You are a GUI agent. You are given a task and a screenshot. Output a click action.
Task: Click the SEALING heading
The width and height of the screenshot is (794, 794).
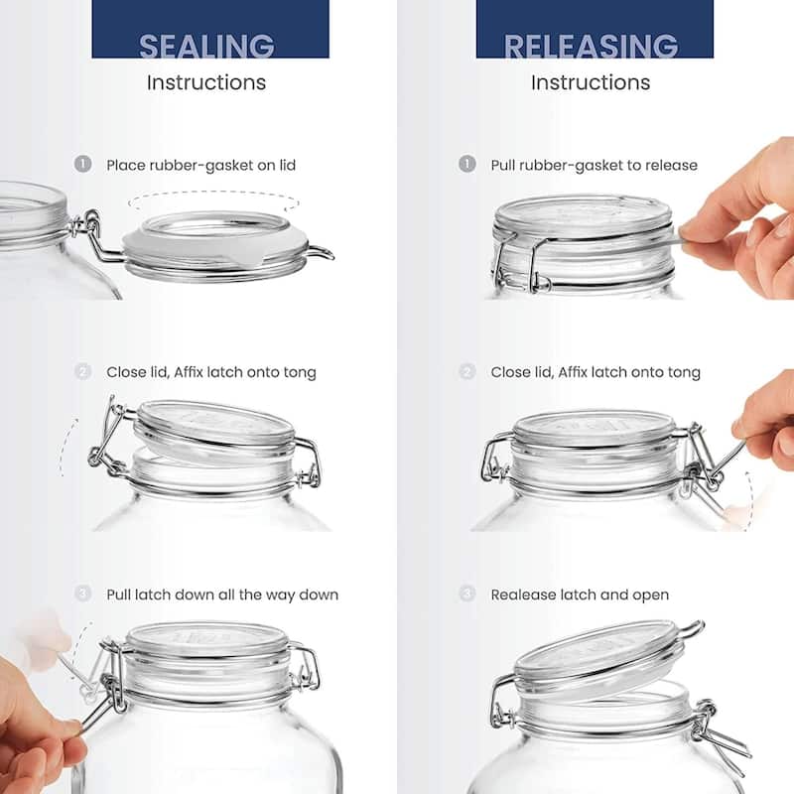206,46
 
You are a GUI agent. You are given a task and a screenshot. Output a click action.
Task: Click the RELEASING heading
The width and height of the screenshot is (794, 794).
591,46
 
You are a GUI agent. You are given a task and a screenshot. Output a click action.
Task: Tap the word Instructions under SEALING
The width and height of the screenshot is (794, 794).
206,82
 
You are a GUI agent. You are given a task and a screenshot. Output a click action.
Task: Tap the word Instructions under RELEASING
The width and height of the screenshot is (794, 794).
591,82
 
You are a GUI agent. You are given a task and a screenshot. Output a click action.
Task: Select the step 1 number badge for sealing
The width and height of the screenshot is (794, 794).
83,165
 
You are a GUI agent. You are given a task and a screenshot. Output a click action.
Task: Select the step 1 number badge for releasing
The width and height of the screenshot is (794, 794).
467,165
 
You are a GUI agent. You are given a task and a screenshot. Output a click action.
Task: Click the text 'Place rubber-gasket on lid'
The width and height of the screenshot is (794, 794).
201,165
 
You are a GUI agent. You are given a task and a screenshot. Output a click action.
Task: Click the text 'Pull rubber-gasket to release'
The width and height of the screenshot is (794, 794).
594,165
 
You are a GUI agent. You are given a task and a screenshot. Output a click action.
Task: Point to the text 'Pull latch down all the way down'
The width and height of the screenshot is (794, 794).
222,595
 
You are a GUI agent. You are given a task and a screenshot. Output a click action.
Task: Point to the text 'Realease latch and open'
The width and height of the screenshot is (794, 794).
580,595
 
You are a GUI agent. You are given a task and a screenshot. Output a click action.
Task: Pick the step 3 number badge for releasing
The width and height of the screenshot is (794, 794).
467,595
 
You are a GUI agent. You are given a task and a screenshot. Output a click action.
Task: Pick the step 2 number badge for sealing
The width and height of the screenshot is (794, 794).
83,372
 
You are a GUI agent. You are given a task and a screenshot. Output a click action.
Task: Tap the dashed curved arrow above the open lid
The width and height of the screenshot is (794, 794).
213,200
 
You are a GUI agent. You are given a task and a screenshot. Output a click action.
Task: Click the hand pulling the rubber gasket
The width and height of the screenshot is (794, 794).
744,218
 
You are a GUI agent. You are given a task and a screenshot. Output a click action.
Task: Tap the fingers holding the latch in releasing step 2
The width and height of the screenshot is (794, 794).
766,417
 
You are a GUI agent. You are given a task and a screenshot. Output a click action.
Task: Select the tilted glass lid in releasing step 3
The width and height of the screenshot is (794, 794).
595,660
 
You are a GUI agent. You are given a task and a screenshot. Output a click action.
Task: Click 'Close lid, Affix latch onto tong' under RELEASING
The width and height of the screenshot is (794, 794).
595,372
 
